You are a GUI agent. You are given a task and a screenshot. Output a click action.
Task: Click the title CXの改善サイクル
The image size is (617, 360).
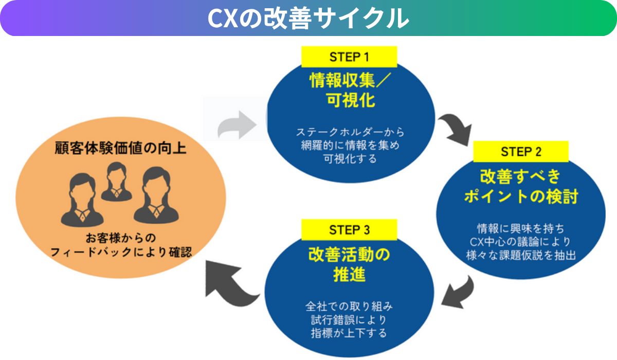308,18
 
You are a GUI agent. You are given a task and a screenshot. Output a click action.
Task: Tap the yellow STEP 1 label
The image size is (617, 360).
349,57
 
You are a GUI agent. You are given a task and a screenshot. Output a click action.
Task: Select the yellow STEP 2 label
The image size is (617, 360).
520,152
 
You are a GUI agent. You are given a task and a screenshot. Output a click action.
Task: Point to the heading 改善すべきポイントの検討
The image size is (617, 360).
520,186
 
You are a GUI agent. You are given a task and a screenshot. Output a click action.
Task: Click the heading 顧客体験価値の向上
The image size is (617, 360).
120,149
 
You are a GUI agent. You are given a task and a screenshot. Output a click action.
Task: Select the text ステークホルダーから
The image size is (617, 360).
349,131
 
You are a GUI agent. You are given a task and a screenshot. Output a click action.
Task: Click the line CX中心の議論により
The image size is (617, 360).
520,241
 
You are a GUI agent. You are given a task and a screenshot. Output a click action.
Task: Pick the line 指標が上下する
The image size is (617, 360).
349,333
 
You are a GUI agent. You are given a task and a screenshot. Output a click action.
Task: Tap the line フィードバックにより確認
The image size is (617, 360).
120,251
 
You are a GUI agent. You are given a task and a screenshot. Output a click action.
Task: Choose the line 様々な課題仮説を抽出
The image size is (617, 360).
520,255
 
